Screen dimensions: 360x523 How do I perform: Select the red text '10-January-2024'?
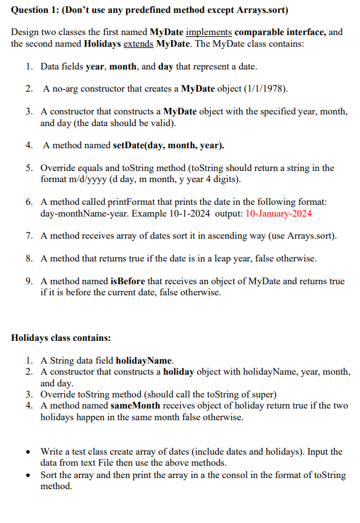[x=278, y=214]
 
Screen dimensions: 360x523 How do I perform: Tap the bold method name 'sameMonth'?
[x=135, y=406]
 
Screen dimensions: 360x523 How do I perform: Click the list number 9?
[x=29, y=281]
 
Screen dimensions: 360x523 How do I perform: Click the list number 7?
[x=29, y=236]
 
